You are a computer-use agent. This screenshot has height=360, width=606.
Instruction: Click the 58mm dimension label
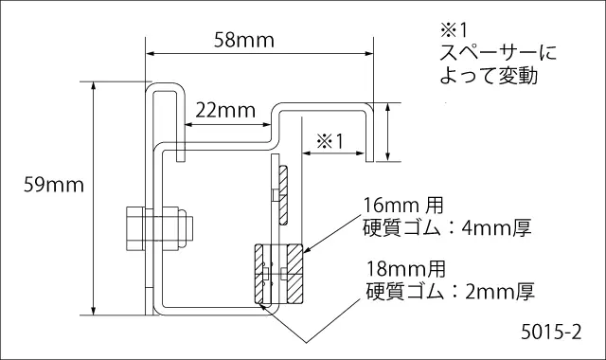pos(244,40)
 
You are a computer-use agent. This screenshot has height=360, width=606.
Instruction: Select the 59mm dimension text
pos(54,185)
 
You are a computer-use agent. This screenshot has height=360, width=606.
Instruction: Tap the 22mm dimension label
pos(225,111)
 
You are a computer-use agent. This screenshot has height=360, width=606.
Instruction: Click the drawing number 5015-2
pos(551,332)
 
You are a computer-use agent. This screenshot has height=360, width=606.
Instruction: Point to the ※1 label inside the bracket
pos(330,141)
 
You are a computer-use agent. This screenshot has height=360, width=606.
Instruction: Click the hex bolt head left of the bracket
pos(134,229)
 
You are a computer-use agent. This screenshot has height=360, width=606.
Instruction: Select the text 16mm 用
pos(403,206)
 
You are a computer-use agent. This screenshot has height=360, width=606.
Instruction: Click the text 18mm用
pos(406,269)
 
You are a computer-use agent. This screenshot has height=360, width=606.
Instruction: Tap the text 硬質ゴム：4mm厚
pos(447,228)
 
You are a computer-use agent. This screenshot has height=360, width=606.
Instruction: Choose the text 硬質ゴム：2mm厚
pos(451,292)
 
